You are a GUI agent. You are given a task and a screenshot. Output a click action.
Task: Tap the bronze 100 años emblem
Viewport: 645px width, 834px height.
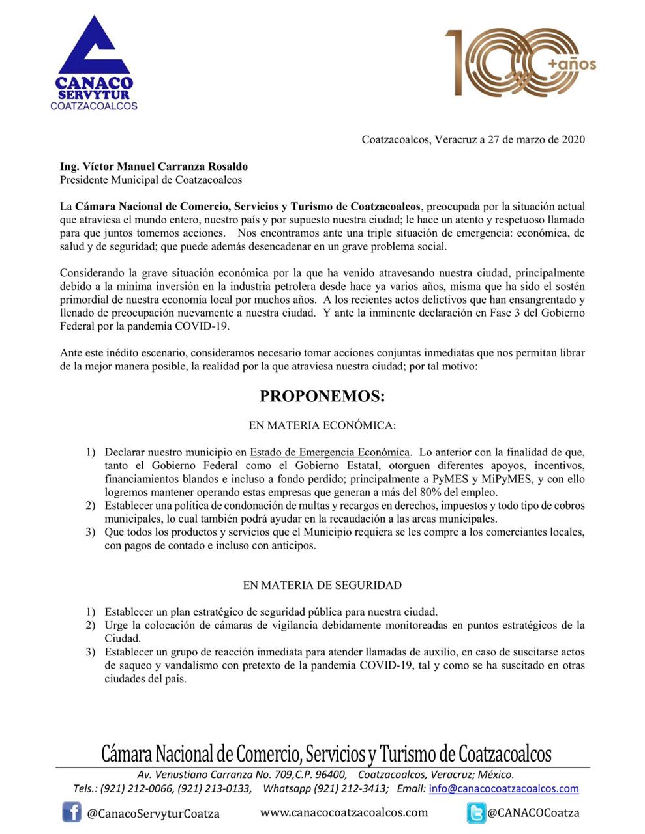520,63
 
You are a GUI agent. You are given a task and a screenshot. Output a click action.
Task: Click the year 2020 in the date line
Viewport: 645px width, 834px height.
573,139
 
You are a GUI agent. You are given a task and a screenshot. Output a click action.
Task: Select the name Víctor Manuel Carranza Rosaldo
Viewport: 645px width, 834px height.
154,167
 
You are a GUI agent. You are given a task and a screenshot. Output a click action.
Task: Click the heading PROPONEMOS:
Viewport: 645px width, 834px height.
322,396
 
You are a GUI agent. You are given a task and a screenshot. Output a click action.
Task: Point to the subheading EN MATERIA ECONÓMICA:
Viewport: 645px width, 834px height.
322,425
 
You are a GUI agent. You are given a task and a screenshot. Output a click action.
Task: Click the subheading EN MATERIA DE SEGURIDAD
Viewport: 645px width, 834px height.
322,585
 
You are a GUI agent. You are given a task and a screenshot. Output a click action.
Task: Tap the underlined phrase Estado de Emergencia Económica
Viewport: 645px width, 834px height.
330,452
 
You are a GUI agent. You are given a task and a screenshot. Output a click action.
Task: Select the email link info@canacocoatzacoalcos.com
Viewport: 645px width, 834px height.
503,788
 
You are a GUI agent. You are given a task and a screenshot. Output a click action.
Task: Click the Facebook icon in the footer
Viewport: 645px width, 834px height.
72,812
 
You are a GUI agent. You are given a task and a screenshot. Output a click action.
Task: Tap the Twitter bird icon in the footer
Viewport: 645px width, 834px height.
476,812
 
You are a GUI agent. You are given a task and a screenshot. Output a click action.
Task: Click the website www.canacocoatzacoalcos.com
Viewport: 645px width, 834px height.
344,812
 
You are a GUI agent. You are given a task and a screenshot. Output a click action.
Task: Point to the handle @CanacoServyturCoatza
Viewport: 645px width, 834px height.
153,813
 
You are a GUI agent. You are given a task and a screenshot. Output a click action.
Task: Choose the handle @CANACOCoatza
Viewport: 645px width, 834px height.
533,812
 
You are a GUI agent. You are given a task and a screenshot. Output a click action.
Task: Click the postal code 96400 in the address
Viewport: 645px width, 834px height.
331,775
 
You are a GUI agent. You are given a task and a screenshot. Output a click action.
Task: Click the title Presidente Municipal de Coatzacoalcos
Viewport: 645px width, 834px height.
151,180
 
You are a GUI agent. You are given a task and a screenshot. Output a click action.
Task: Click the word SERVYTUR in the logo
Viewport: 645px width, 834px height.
94,95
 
